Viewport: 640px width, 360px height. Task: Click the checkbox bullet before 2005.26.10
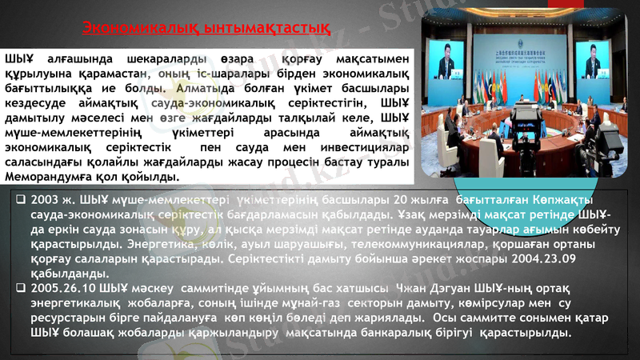point(20,287)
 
